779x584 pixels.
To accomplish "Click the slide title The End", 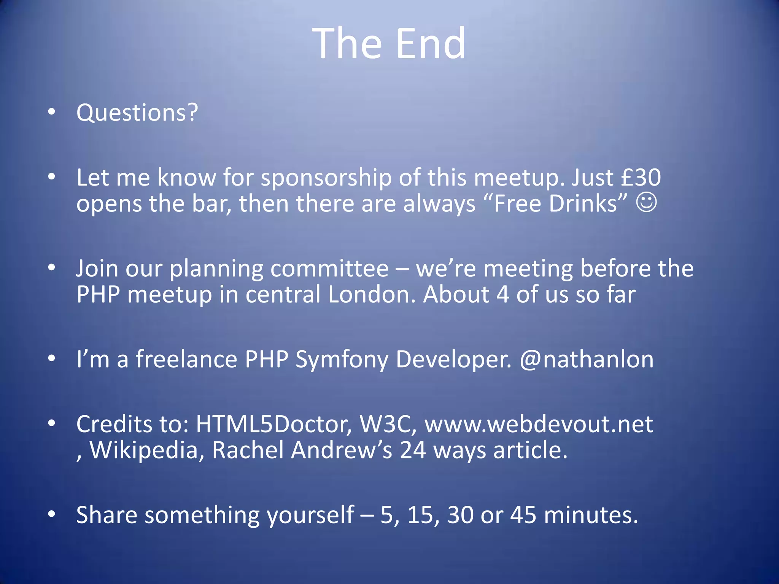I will (x=389, y=43).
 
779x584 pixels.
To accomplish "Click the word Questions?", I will (x=137, y=113).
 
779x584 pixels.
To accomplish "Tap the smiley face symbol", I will (x=646, y=202).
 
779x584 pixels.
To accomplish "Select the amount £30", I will (x=641, y=178).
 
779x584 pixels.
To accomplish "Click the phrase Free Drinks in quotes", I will (x=560, y=204).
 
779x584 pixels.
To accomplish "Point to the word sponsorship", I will (x=326, y=178).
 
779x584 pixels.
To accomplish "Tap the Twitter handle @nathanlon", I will (x=587, y=359).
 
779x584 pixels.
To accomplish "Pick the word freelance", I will (x=186, y=359).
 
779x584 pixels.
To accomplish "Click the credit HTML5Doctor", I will (x=273, y=424).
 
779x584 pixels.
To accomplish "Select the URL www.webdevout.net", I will (x=539, y=424).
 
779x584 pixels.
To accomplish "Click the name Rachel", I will (x=248, y=450).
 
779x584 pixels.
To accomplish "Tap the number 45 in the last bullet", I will (x=523, y=515).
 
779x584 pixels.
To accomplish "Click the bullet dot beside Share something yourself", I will (x=52, y=514).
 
